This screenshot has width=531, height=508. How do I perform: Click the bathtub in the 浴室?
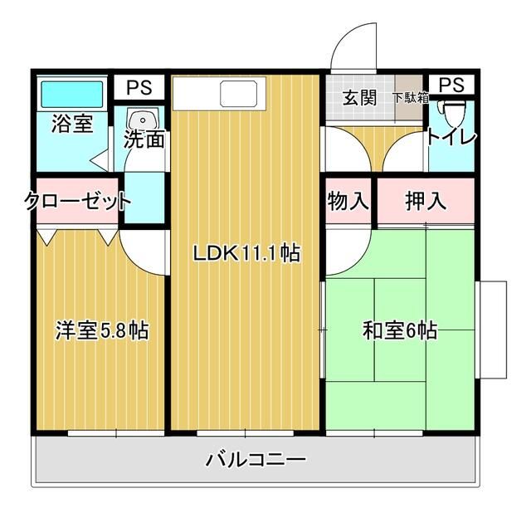pyautogui.click(x=72, y=95)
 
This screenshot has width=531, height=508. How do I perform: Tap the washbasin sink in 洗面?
pyautogui.click(x=143, y=119)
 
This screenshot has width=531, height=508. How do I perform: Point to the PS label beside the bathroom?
pyautogui.click(x=139, y=87)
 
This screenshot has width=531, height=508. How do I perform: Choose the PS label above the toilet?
pyautogui.click(x=451, y=85)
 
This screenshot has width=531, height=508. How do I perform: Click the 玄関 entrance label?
pyautogui.click(x=359, y=98)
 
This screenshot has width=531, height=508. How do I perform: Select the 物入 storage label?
pyautogui.click(x=348, y=201)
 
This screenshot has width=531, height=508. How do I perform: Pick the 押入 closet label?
pyautogui.click(x=426, y=201)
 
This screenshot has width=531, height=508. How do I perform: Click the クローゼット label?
pyautogui.click(x=77, y=202)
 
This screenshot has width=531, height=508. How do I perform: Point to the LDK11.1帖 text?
pyautogui.click(x=246, y=253)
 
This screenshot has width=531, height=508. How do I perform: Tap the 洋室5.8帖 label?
pyautogui.click(x=102, y=330)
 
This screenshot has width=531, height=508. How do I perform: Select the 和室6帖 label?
pyautogui.click(x=400, y=330)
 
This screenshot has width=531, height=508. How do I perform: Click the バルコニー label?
pyautogui.click(x=256, y=460)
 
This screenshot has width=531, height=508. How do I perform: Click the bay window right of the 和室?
pyautogui.click(x=491, y=330)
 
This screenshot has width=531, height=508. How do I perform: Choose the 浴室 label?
pyautogui.click(x=72, y=124)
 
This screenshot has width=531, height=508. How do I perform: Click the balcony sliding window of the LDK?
pyautogui.click(x=246, y=433)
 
